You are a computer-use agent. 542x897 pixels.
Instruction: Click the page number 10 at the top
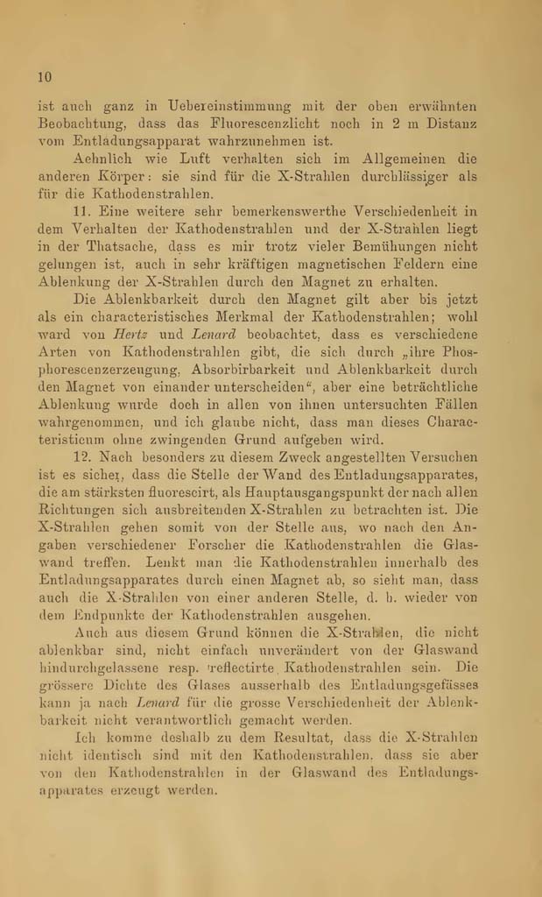(x=46, y=76)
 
